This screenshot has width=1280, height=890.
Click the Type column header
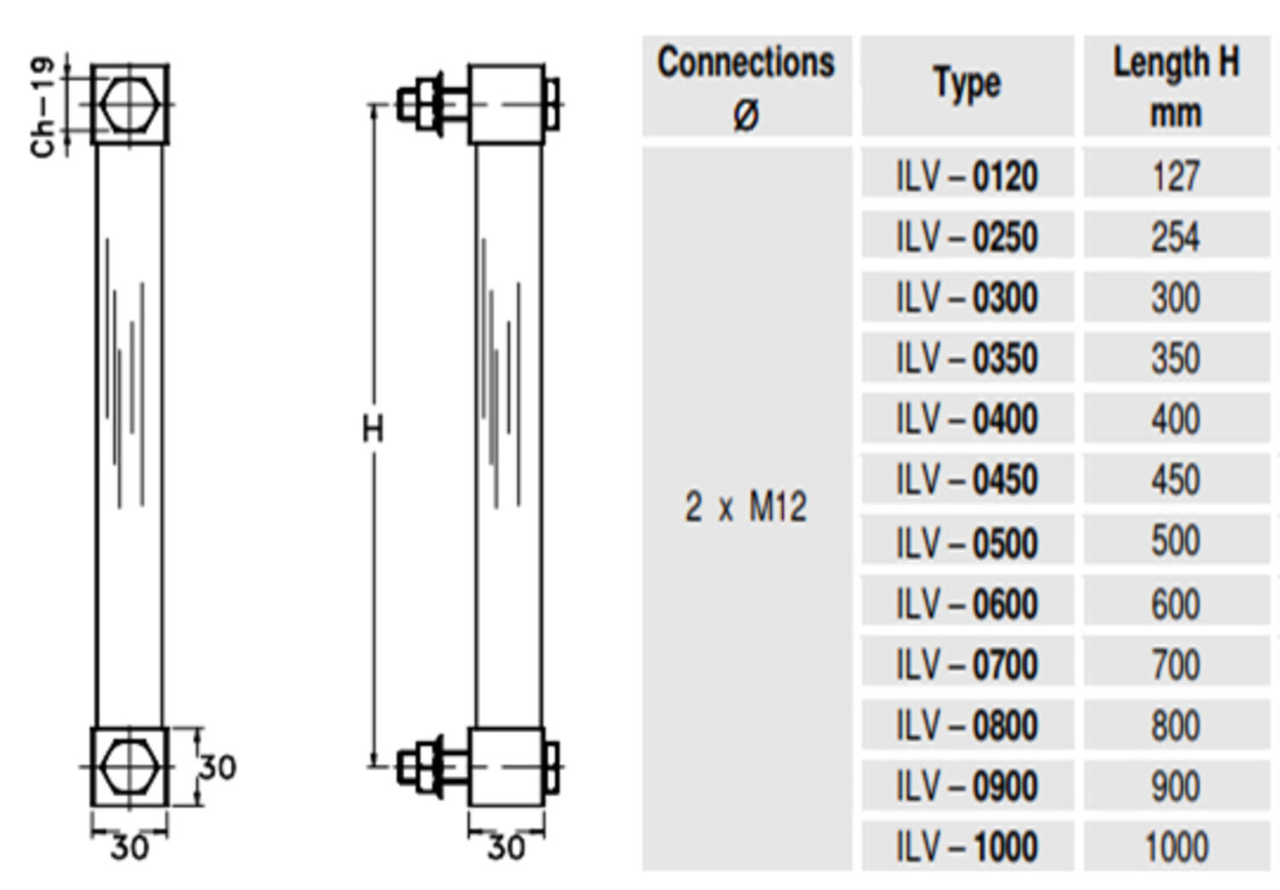tap(967, 85)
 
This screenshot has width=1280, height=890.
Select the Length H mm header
tap(1176, 85)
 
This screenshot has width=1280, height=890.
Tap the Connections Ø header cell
tap(747, 85)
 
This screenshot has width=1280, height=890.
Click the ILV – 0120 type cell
tap(967, 177)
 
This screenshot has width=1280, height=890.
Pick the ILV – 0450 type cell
tap(967, 480)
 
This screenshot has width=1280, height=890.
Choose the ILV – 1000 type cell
tap(967, 846)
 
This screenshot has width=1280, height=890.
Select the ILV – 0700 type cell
tap(967, 665)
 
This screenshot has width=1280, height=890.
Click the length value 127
tap(1176, 177)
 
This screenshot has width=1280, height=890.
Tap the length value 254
tap(1176, 237)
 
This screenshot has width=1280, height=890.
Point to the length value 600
tap(1176, 604)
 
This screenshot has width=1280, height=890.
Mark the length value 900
tap(1176, 786)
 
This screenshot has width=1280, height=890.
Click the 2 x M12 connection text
tap(745, 507)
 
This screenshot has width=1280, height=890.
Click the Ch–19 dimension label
tap(43, 108)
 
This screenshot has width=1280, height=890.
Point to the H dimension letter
tap(373, 428)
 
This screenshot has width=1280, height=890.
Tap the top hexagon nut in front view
tap(129, 104)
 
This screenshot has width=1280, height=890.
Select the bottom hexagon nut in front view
tap(129, 766)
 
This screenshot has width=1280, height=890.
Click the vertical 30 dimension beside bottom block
tap(218, 768)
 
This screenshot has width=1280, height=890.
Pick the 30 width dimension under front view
tap(129, 847)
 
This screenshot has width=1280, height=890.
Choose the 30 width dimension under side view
tap(506, 847)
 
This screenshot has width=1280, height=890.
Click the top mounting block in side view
tap(506, 104)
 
